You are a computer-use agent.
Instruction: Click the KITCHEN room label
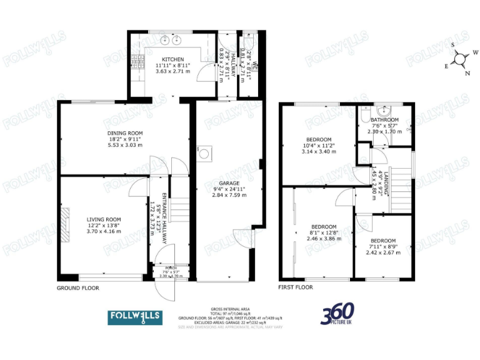(168, 59)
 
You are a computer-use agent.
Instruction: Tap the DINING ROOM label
(124, 133)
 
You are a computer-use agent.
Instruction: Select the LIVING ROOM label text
(103, 219)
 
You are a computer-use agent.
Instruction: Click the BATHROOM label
(384, 120)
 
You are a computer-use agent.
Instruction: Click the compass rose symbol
(460, 59)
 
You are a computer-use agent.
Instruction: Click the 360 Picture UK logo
(338, 314)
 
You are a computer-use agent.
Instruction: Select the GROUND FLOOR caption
(77, 288)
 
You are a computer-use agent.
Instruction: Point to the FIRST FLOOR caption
(296, 287)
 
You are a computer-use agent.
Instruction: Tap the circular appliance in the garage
(204, 151)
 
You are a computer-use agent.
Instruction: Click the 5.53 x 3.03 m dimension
(124, 145)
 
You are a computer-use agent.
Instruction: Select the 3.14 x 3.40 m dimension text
(318, 151)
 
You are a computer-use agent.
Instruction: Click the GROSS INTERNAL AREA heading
(231, 309)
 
